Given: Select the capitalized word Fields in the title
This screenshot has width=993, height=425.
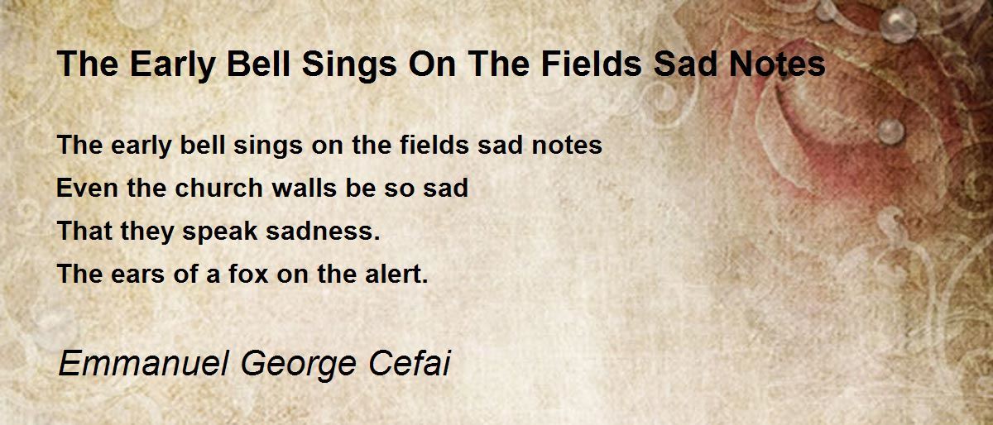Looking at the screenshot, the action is (x=592, y=64).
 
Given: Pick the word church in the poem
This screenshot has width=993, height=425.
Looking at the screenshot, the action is (x=218, y=188).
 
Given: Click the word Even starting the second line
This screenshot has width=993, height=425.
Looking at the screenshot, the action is (x=87, y=188).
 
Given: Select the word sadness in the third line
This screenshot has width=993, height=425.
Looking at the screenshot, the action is (x=323, y=231).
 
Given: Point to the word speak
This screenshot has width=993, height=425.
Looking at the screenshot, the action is (x=220, y=232).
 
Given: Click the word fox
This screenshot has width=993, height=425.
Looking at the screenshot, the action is (x=249, y=274).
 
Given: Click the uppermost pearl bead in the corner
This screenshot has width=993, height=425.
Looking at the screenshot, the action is (x=897, y=24).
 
